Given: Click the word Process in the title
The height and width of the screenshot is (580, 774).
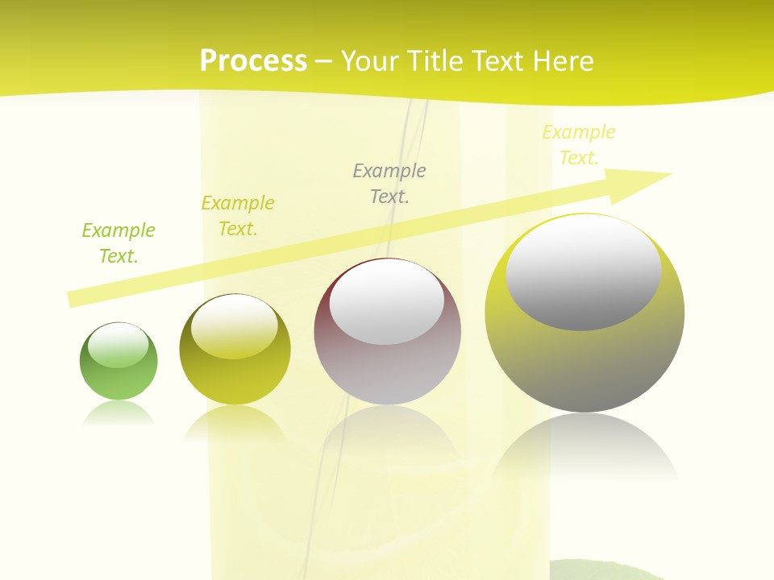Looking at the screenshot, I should coord(253,60).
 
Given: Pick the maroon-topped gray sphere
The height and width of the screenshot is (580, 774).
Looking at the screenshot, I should coord(387,371).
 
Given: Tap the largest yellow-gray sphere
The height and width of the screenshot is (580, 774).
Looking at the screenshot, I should coord(585,362).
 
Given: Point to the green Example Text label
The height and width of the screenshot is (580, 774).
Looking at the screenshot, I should coord(118,243).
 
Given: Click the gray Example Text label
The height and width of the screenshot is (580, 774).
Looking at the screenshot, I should coord(389,183).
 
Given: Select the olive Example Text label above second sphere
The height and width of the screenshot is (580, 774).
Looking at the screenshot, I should coord(238,216).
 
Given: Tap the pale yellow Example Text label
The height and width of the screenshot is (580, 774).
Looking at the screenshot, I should coord(578,145).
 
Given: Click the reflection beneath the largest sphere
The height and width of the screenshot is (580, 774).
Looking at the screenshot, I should coord(585,447).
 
